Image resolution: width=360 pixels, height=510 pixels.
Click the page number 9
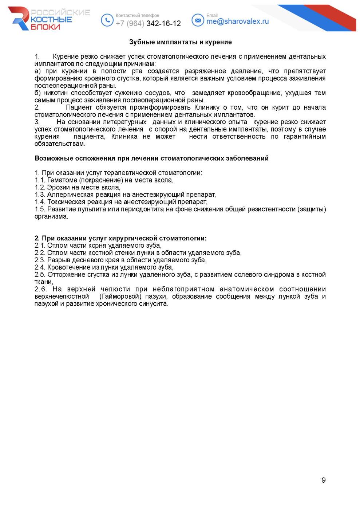[x=323, y=480]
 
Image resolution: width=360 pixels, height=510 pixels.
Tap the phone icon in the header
[x=107, y=20]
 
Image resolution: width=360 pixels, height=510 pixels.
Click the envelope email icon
[x=198, y=20]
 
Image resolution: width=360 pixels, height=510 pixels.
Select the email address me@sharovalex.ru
[x=237, y=21]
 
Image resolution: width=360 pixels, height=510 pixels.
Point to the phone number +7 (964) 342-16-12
[x=148, y=24]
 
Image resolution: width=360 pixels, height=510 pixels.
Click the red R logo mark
[x=20, y=18]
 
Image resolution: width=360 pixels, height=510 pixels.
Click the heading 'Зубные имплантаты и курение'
[x=180, y=42]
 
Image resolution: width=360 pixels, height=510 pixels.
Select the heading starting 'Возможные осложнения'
[x=151, y=158]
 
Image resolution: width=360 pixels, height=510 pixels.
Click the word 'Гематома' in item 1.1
[x=62, y=180]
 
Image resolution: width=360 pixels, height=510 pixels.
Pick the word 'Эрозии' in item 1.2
[x=57, y=187]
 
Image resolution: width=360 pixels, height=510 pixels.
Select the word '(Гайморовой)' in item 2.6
[x=120, y=297]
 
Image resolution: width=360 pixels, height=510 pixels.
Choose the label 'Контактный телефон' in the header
[x=137, y=16]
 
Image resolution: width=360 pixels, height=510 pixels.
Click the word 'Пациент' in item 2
[x=79, y=107]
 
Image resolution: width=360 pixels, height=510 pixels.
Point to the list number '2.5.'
[x=40, y=275]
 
